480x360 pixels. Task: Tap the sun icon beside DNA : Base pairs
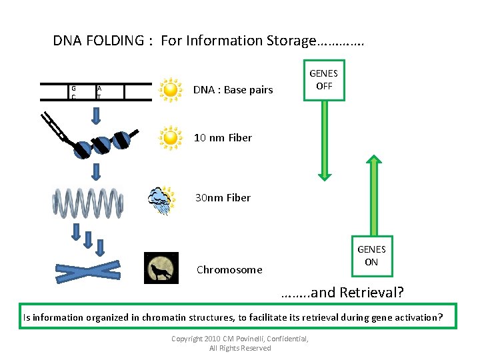[x=171, y=90]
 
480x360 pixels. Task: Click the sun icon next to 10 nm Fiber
[x=171, y=138]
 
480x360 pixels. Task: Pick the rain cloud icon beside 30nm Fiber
[x=161, y=201]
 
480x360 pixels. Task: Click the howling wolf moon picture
[x=161, y=268]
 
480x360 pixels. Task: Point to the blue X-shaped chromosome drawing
[x=88, y=271]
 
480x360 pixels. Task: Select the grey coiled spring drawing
[x=88, y=203]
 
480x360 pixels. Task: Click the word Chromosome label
[x=229, y=270]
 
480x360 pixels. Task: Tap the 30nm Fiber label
[x=223, y=198]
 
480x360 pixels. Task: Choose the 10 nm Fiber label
[x=223, y=138]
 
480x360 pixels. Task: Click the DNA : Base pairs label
[x=233, y=90]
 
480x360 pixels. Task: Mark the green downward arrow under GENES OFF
[x=325, y=141]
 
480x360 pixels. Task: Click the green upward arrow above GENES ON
[x=374, y=195]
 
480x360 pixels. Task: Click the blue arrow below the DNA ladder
[x=96, y=116]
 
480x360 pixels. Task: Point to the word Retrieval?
[x=371, y=293]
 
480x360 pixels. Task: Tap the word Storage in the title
[x=291, y=41]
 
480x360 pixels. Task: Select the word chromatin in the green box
[x=164, y=317]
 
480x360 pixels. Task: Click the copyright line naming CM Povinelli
[x=240, y=339]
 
